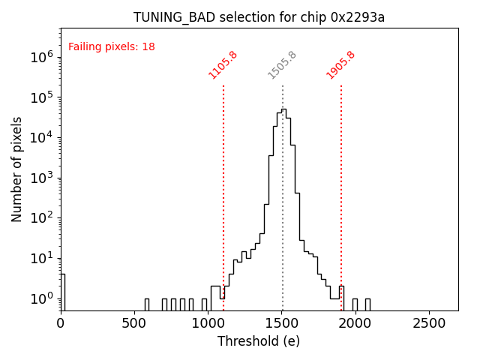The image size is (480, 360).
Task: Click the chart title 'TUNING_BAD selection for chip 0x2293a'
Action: point(259,17)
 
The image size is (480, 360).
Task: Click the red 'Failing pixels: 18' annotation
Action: point(112,46)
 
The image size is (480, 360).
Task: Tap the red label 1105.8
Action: point(223,64)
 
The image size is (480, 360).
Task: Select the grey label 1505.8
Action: point(282,64)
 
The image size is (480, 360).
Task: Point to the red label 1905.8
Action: point(340,64)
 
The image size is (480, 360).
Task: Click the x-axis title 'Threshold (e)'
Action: point(259,341)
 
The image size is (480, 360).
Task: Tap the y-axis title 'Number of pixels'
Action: point(17,169)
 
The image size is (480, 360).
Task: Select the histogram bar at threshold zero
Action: point(63,292)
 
